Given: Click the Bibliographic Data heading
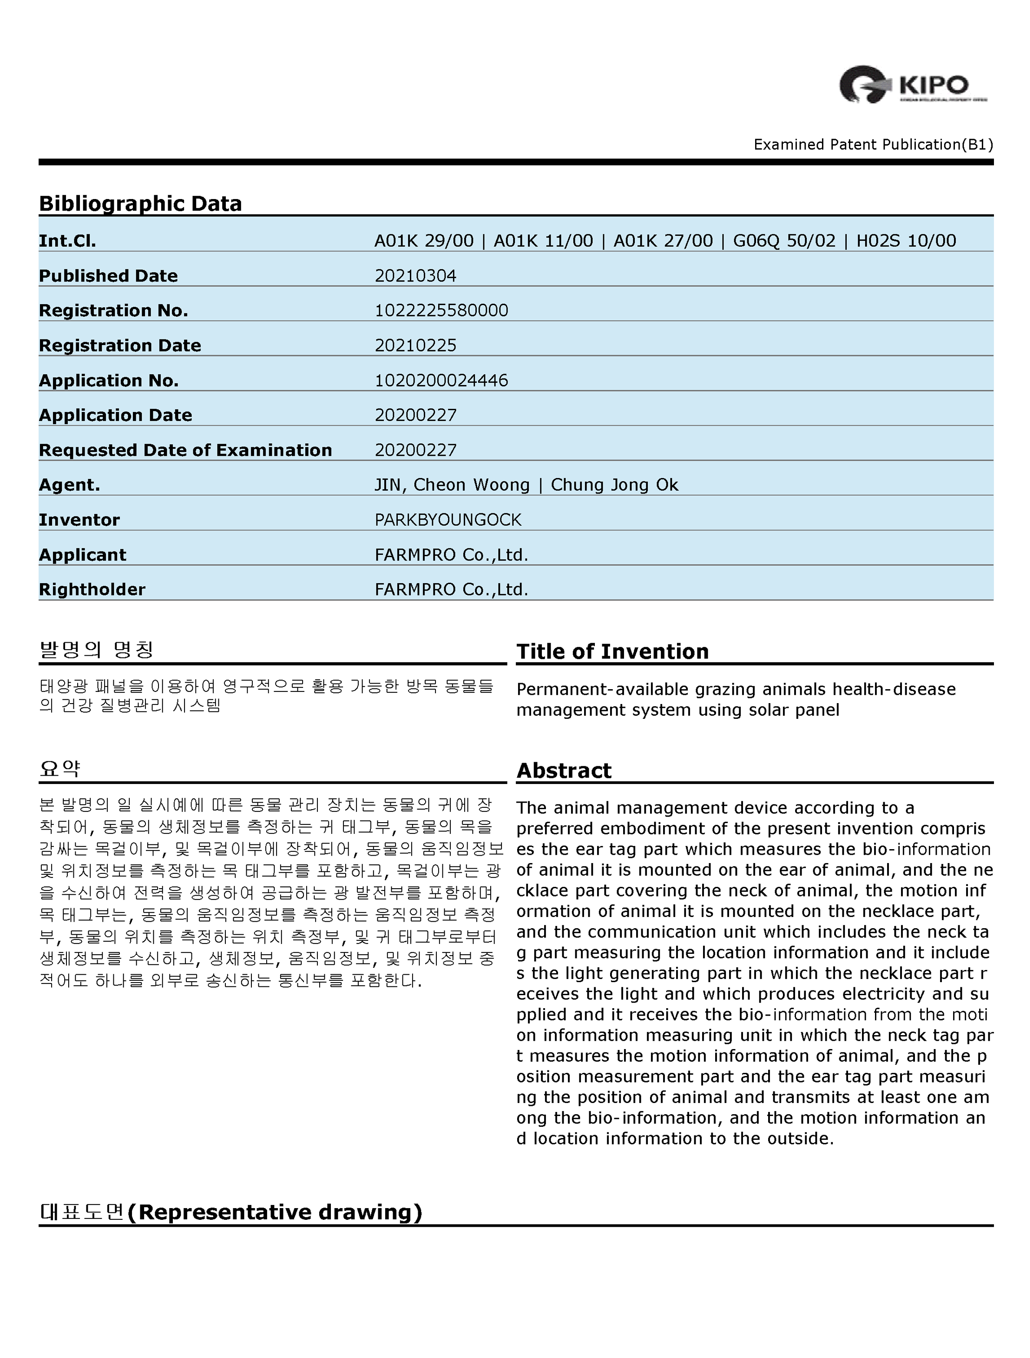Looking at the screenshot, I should coord(141,203).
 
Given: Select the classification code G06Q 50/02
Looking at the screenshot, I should coord(784,241).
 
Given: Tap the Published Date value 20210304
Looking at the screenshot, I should coord(415,276).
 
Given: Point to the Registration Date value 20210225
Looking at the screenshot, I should coord(415,345).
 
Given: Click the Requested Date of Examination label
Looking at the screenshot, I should coord(185,450).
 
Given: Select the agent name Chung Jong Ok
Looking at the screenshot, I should coord(614,485).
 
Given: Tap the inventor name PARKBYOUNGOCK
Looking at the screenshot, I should coord(448,520).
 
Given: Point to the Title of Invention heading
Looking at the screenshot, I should coord(612,651).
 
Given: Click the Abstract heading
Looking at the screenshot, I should coord(564,770).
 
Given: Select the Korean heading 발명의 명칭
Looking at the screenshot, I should coord(96,650).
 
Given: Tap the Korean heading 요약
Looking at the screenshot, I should coord(59,769).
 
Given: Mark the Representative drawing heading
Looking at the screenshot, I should coord(231,1212).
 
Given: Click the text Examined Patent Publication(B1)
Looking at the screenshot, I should coord(873,144).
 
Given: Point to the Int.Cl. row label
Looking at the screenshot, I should coord(67,241).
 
